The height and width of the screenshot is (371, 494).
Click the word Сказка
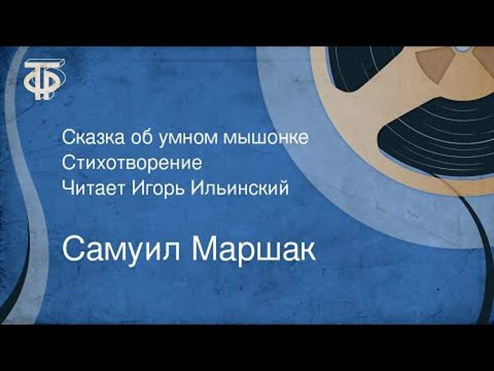[x=93, y=137]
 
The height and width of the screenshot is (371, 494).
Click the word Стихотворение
[x=132, y=163]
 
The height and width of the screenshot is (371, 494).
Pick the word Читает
[x=93, y=188]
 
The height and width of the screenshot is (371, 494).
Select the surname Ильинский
[x=240, y=188]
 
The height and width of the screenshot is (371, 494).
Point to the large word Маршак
[x=254, y=251]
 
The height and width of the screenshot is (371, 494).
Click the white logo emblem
[x=45, y=79]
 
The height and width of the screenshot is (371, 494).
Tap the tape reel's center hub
[x=462, y=49]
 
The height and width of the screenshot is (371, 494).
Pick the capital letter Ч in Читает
[x=69, y=187]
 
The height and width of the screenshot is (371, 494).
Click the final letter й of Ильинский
[x=282, y=187]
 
